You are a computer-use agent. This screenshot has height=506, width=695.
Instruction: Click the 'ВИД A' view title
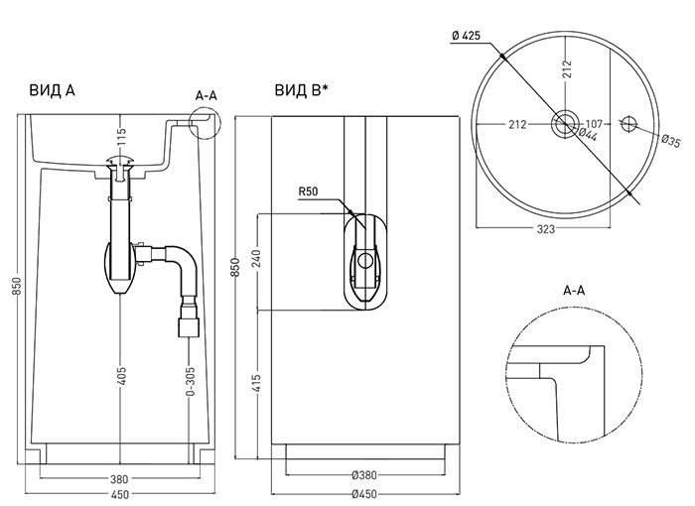click(x=53, y=90)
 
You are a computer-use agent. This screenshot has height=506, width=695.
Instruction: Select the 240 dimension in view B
click(x=258, y=261)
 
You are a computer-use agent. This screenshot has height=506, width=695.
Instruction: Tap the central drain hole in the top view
click(x=565, y=124)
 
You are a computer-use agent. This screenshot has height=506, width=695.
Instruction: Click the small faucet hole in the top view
click(x=627, y=124)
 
